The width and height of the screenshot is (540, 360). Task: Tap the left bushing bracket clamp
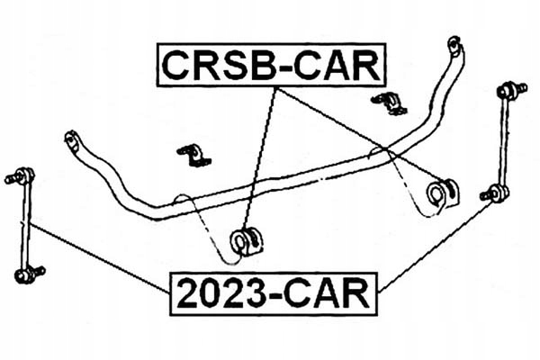click(192, 155)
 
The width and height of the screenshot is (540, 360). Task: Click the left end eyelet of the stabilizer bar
click(71, 139)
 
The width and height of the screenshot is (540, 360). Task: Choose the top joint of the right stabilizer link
click(508, 90)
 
